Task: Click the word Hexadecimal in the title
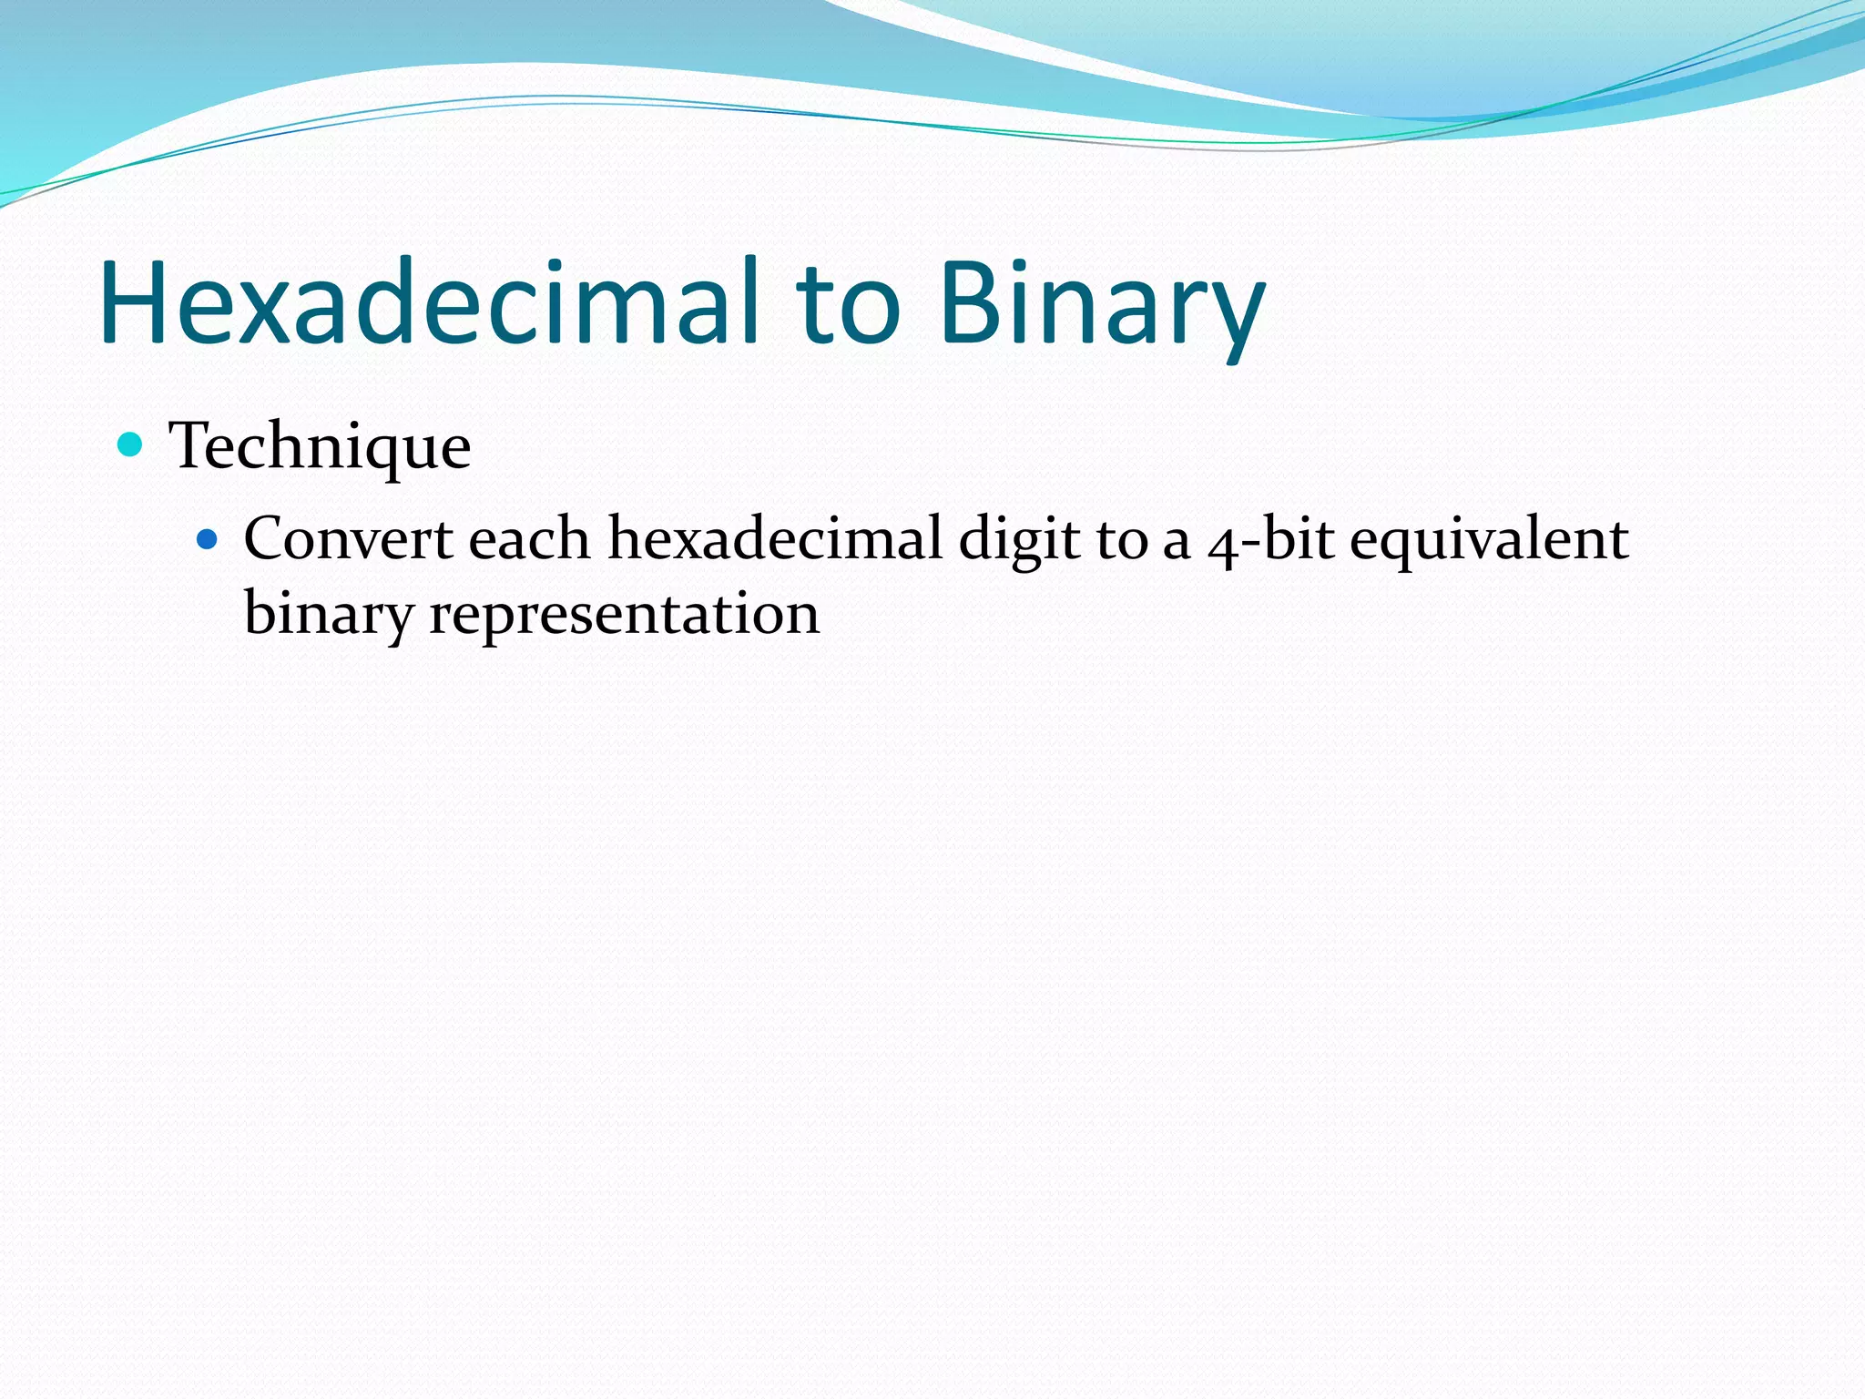click(428, 303)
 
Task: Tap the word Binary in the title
click(1102, 303)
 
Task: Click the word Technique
click(320, 446)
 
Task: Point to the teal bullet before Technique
click(131, 444)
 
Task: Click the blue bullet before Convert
click(208, 539)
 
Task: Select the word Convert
click(348, 539)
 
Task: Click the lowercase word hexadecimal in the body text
click(775, 539)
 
